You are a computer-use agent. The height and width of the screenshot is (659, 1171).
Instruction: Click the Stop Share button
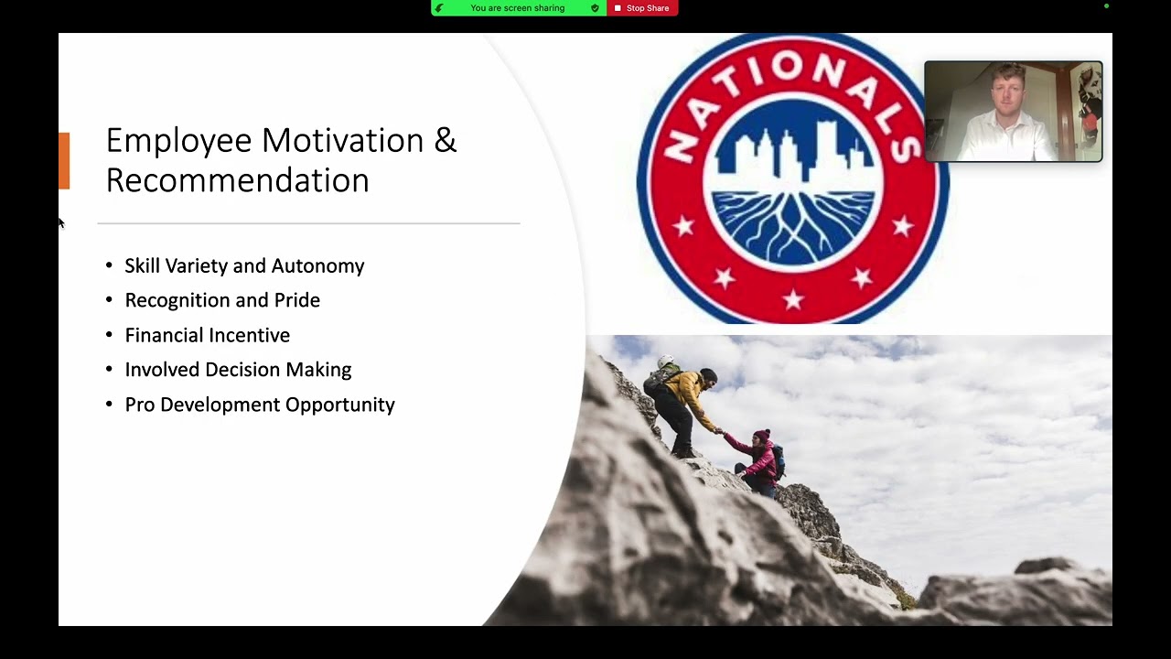(x=642, y=8)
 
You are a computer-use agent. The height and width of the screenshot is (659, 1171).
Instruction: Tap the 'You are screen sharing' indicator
(x=518, y=8)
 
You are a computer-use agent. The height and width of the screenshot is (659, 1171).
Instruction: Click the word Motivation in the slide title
(x=342, y=141)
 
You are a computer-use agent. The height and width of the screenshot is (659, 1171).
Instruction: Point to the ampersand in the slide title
(x=446, y=141)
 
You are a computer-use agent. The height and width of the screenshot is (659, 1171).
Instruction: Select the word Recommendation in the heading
(x=237, y=180)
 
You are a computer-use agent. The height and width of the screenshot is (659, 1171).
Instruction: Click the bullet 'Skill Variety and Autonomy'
(x=244, y=265)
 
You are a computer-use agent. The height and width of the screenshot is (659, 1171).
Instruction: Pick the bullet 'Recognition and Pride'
(x=222, y=300)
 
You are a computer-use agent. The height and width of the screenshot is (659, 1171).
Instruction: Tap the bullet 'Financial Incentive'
(x=207, y=335)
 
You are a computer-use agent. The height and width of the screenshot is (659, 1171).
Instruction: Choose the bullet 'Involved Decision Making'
(x=238, y=370)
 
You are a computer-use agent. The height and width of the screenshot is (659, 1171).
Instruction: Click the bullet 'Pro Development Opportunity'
(x=260, y=405)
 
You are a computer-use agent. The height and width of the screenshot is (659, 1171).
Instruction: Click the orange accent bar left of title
(x=64, y=161)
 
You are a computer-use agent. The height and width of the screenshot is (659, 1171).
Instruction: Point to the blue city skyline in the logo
(x=792, y=146)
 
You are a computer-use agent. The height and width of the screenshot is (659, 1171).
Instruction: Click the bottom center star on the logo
(x=793, y=299)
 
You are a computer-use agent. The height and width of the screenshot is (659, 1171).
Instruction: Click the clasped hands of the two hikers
(x=719, y=431)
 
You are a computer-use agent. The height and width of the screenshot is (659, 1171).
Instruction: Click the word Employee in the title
(x=178, y=141)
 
